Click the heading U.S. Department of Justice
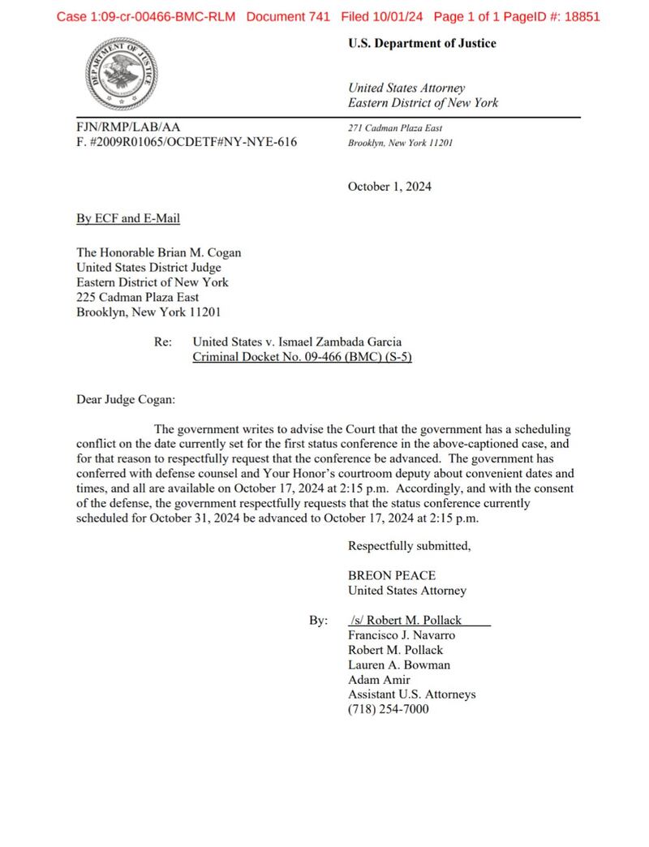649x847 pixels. coord(422,44)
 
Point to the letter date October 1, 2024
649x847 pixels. coord(389,187)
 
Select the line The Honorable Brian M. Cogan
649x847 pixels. coord(158,252)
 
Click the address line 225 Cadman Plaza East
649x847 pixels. coord(138,297)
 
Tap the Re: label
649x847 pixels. coord(162,342)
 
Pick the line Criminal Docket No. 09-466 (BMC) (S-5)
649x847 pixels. coord(302,358)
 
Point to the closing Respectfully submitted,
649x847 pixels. coord(409,546)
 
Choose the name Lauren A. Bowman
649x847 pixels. coord(399,665)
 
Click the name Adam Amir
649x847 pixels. coord(379,680)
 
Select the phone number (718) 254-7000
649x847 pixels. coord(389,709)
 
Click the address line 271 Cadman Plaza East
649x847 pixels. coord(395,128)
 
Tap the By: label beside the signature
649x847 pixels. coord(318,621)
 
